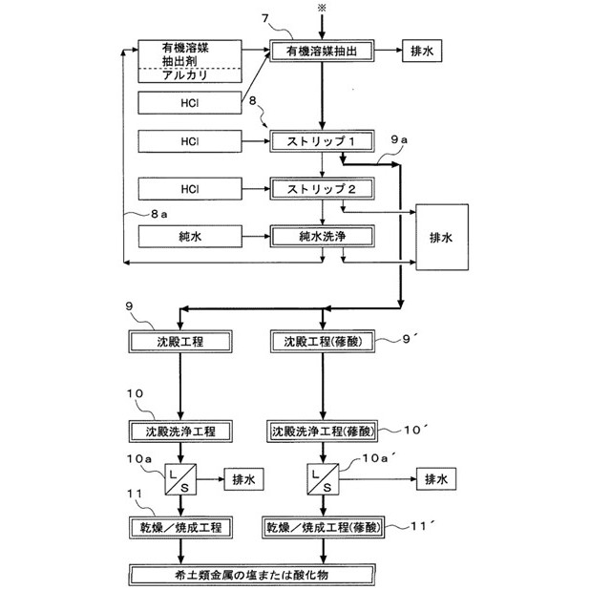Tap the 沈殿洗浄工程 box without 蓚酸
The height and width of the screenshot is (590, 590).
click(185, 431)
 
